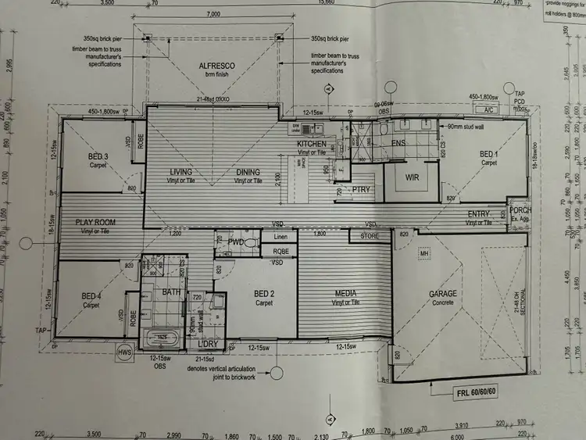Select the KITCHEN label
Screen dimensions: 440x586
click(x=312, y=144)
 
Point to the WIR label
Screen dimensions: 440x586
click(x=412, y=177)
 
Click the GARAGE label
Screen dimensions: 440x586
click(x=442, y=294)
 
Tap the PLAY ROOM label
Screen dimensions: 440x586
click(x=95, y=222)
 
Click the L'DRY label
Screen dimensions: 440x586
click(x=207, y=344)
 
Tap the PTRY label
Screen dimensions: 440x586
click(x=360, y=188)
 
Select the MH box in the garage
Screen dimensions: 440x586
click(x=425, y=253)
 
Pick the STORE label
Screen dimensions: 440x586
click(x=370, y=234)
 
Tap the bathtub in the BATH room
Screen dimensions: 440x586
click(x=159, y=337)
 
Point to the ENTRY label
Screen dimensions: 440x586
click(x=478, y=214)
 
